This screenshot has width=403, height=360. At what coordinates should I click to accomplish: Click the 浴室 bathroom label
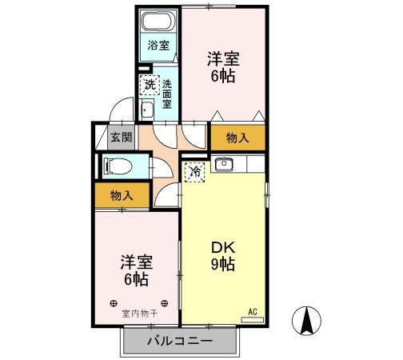pyautogui.click(x=158, y=46)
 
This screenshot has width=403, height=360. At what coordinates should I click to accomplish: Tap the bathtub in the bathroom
pyautogui.click(x=158, y=20)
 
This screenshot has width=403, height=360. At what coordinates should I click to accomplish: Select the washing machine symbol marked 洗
pyautogui.click(x=149, y=83)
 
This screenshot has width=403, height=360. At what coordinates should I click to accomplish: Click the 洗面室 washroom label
pyautogui.click(x=167, y=94)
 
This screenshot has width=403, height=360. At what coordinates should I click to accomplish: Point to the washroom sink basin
pyautogui.click(x=147, y=110)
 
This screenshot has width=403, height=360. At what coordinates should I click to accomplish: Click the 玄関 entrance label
pyautogui.click(x=121, y=137)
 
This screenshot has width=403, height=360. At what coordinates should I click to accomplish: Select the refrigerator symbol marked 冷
pyautogui.click(x=195, y=170)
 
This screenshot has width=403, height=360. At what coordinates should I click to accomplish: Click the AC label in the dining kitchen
pyautogui.click(x=252, y=311)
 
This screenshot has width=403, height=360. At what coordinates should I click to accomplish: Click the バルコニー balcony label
pyautogui.click(x=180, y=342)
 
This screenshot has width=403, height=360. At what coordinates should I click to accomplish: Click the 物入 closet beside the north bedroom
pyautogui.click(x=237, y=138)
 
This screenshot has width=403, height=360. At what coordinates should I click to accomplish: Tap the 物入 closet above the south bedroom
pyautogui.click(x=122, y=194)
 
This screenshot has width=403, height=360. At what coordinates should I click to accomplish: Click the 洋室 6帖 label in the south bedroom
pyautogui.click(x=135, y=270)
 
